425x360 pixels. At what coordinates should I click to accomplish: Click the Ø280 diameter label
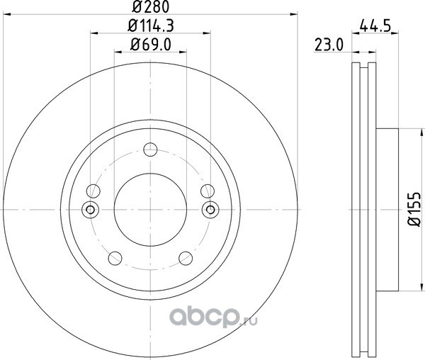tap(150, 6)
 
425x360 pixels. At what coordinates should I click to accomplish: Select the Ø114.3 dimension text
tap(150, 26)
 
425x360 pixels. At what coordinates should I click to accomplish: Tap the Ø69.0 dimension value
tap(150, 45)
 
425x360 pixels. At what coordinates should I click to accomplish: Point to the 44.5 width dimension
tap(375, 26)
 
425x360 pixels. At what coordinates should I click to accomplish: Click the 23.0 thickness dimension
tap(329, 45)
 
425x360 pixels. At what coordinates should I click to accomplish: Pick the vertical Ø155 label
tap(414, 209)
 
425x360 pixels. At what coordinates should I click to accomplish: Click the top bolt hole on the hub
tap(150, 150)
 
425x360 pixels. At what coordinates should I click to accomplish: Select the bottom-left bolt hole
tap(115, 258)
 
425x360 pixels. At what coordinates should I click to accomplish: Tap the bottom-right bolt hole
tap(186, 258)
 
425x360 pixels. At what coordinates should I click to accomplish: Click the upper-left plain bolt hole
tap(93, 191)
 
